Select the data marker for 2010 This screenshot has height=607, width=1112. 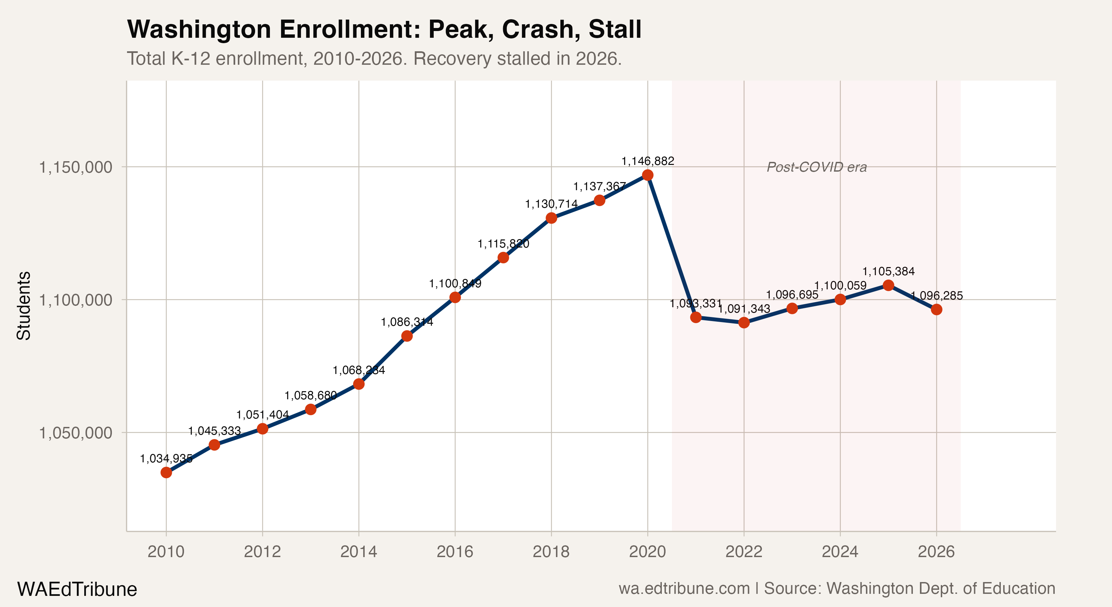(166, 472)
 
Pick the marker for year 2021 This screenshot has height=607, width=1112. (696, 317)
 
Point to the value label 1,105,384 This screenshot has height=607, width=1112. (888, 271)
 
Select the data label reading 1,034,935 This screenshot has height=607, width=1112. (166, 458)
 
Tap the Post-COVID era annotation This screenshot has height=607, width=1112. (816, 167)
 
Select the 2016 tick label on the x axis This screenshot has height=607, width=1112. (455, 552)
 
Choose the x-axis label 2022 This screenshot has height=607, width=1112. (744, 552)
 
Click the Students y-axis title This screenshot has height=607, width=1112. (24, 306)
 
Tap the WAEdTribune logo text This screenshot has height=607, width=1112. (77, 589)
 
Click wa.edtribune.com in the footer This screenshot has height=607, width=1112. (684, 588)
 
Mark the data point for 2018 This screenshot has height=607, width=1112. (551, 218)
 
